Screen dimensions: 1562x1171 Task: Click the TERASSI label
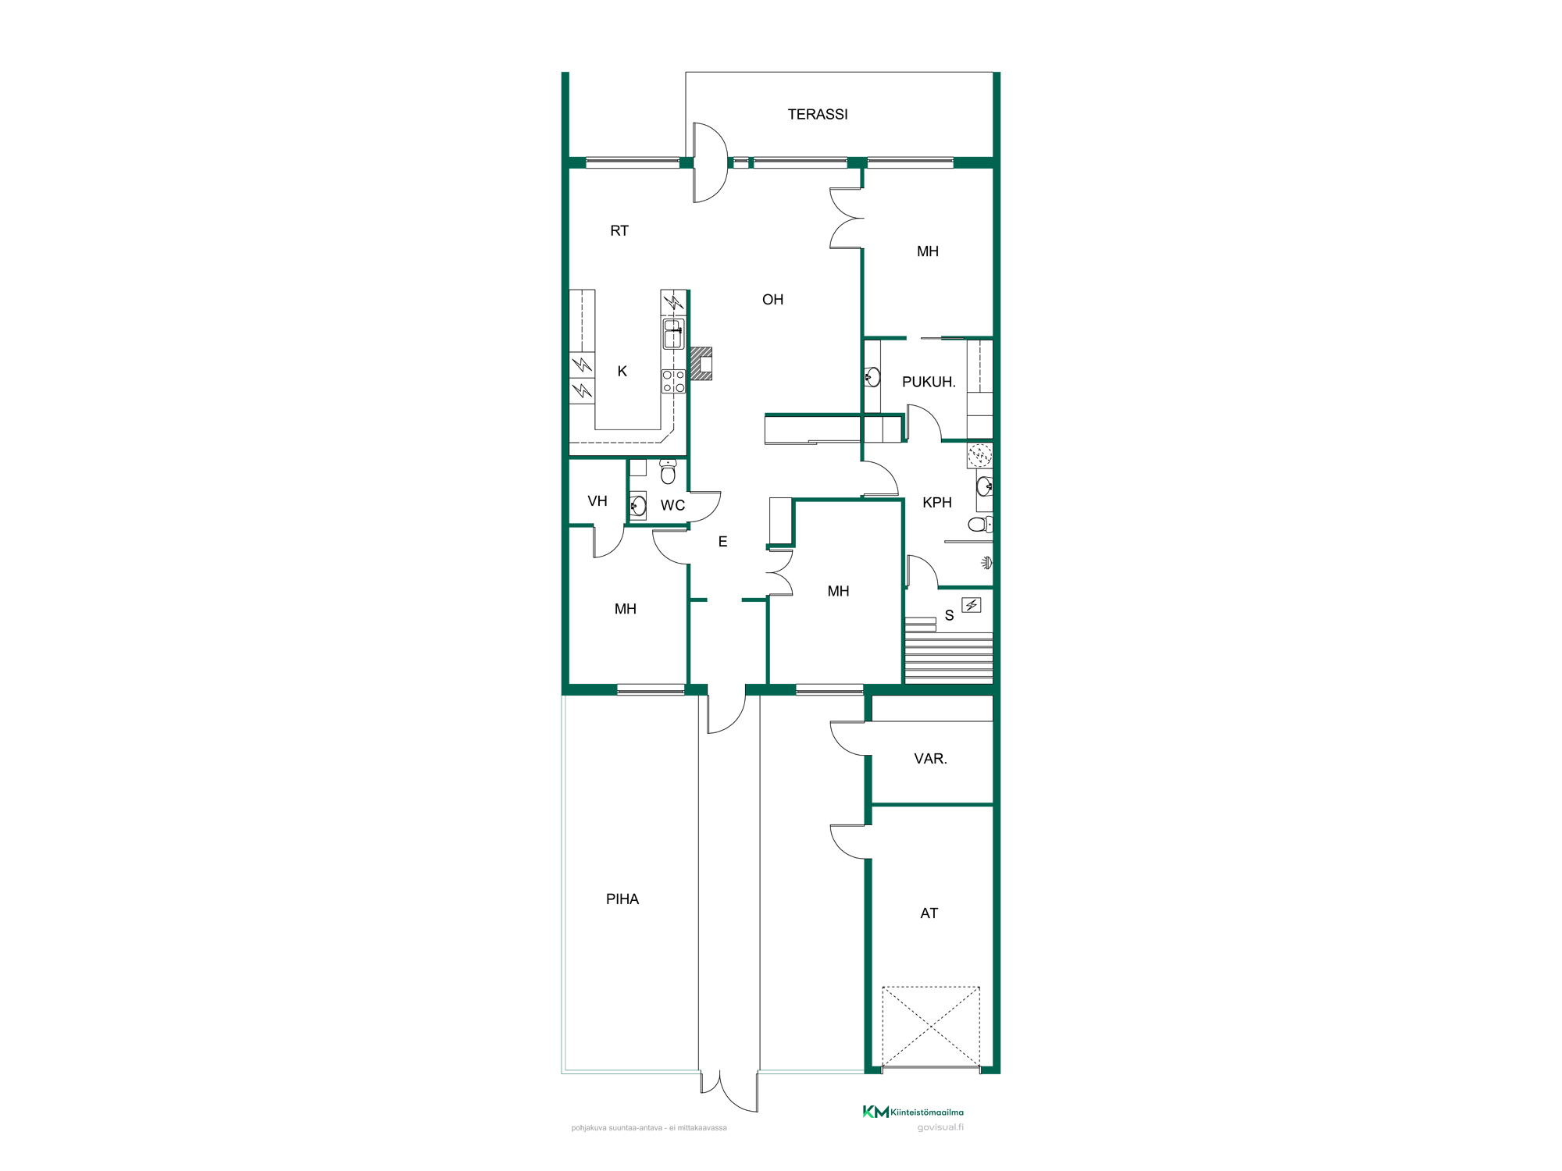click(x=818, y=115)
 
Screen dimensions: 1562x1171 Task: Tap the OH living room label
click(x=772, y=300)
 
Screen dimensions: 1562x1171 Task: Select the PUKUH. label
click(x=929, y=382)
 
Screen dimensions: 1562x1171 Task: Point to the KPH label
click(x=937, y=503)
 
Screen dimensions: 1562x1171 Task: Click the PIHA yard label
click(x=622, y=899)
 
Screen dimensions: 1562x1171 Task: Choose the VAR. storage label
click(x=930, y=759)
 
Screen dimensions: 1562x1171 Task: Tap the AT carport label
click(x=929, y=913)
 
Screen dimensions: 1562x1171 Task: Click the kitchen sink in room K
click(x=673, y=333)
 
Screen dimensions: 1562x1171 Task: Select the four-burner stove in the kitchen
click(x=673, y=381)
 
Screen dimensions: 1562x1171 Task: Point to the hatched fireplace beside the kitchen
click(x=701, y=364)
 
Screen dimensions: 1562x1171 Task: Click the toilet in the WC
click(x=668, y=472)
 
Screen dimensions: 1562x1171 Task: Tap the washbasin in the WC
click(x=638, y=506)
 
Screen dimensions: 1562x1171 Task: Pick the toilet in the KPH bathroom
click(x=980, y=525)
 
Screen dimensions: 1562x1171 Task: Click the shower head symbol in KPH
click(x=987, y=563)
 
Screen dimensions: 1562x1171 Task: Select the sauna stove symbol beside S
click(x=971, y=605)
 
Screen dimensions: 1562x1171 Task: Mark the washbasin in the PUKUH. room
click(x=872, y=378)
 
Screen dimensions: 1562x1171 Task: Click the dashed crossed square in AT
click(x=931, y=1027)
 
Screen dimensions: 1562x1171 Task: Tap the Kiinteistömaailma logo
click(x=913, y=1112)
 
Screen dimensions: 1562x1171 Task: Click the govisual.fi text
click(x=940, y=1127)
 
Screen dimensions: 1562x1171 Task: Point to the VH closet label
click(x=597, y=501)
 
